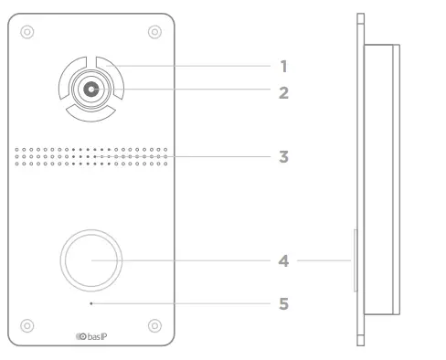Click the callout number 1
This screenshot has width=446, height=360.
[283, 67]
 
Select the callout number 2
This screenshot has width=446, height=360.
[283, 92]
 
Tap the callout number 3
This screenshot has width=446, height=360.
[283, 156]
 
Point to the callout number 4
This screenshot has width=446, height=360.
[283, 260]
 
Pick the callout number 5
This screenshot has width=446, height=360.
[283, 301]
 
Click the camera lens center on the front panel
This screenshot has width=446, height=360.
[90, 90]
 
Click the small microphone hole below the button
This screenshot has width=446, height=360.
[90, 301]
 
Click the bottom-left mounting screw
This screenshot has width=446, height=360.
[27, 324]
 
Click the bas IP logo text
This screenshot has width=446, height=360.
[96, 338]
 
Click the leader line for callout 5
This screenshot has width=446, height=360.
[183, 301]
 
